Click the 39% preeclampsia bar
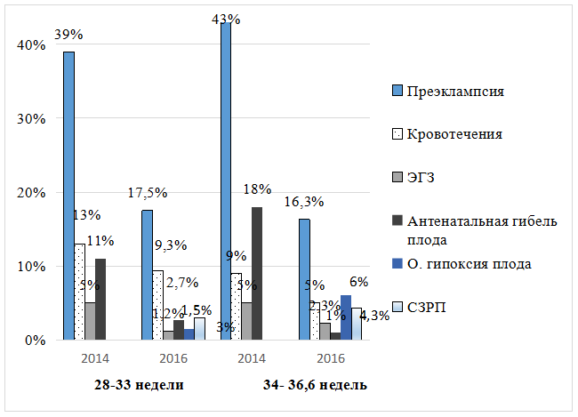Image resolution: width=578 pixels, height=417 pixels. (68, 196)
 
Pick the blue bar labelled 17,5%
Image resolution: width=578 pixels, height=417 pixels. (147, 275)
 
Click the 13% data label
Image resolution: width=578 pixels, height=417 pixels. (86, 215)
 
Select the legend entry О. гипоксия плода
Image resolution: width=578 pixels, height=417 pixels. (469, 263)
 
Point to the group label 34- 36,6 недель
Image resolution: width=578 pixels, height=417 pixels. (315, 385)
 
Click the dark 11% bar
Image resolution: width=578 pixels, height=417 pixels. (100, 299)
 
